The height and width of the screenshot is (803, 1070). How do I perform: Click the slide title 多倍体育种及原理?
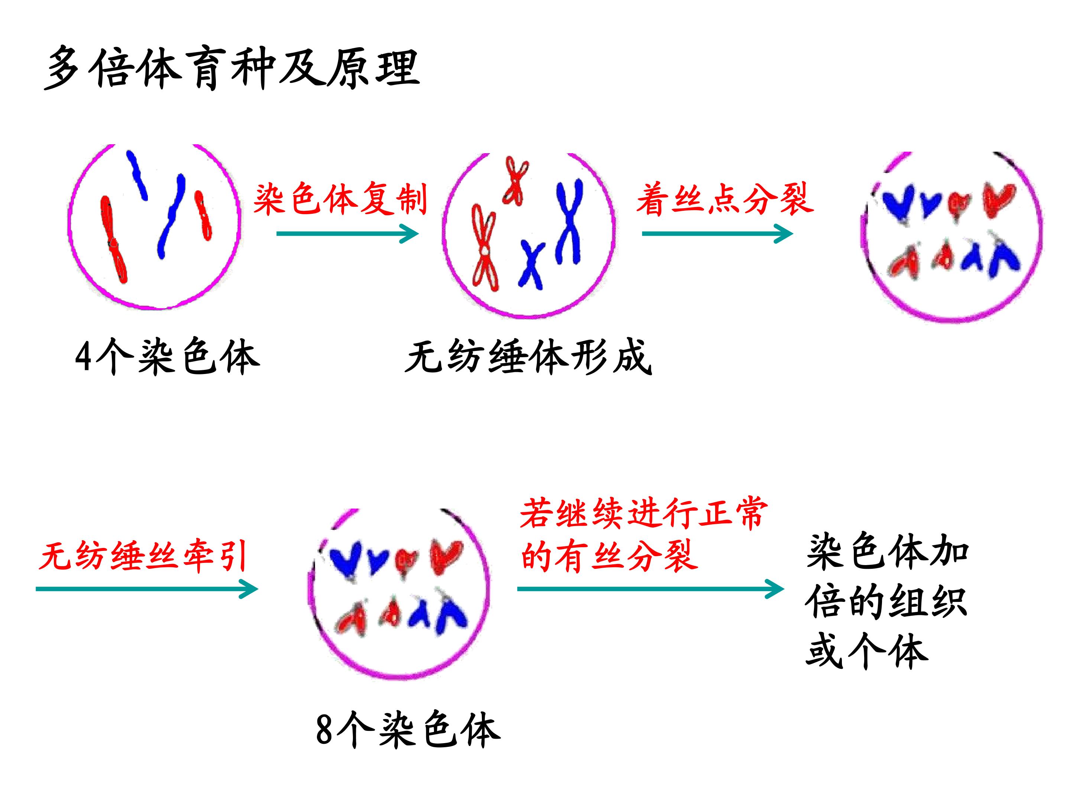pos(232,69)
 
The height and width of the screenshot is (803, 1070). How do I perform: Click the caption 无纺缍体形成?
pos(529,357)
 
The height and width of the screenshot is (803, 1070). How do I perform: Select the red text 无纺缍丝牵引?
pos(144,556)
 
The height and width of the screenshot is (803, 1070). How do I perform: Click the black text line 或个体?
pos(867,651)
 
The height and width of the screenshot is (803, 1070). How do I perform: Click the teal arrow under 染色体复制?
pos(347,234)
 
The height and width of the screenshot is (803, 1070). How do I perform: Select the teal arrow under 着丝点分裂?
pos(717,234)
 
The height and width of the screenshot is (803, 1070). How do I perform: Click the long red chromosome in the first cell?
pos(114,239)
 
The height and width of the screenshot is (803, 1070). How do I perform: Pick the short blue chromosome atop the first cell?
pos(137,175)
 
